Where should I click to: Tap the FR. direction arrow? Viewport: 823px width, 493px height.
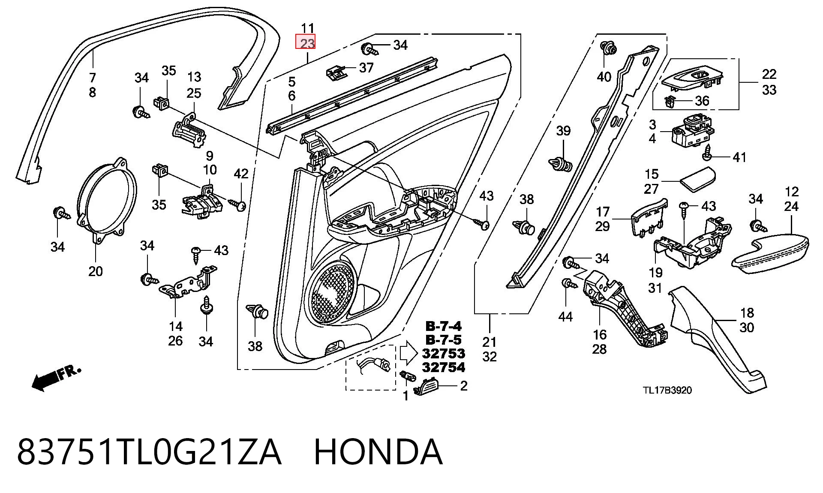56,377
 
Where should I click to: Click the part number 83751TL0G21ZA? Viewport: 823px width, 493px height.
149,452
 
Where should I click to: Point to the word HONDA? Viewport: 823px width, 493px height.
378,452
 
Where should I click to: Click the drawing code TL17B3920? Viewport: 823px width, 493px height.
667,391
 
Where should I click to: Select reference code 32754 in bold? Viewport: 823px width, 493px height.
444,367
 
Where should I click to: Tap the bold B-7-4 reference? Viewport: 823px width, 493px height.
444,326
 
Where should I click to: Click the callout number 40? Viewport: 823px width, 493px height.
604,77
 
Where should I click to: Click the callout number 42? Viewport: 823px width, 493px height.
241,174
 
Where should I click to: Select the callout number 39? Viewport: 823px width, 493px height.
563,131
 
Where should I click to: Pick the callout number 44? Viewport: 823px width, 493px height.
565,317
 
